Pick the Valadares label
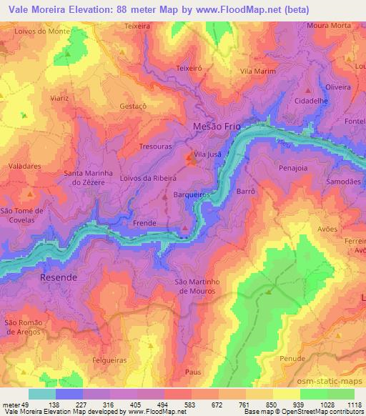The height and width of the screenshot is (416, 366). pyautogui.click(x=24, y=164)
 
